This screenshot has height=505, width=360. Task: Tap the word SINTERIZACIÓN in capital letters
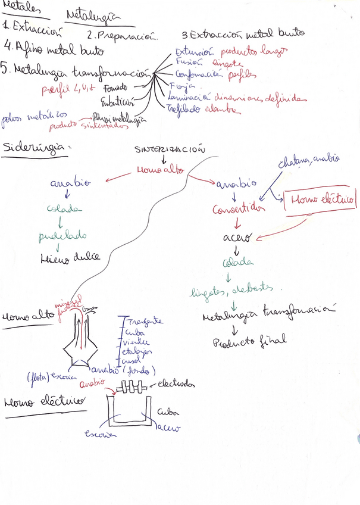170,149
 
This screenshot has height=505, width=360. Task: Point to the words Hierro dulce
70,258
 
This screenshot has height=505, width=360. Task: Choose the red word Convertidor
238,209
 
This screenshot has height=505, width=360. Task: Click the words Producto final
249,342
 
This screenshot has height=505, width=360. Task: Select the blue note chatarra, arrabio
309,160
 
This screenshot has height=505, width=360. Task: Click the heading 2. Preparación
122,36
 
